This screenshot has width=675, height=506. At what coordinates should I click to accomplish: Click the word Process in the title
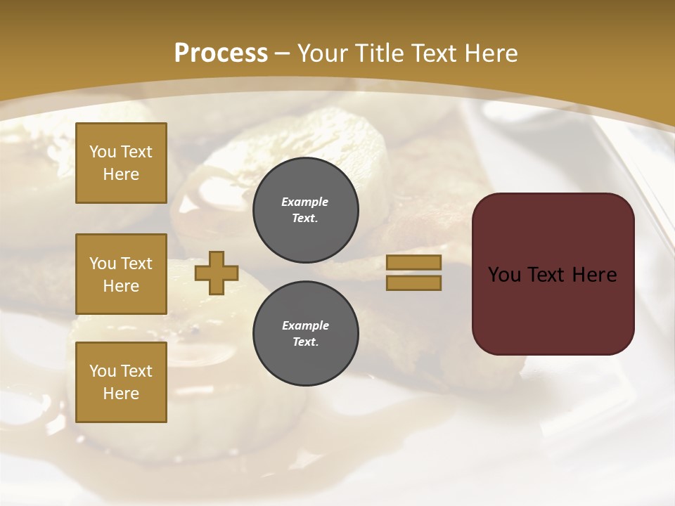(x=221, y=53)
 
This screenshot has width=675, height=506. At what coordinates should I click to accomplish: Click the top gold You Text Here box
(x=121, y=163)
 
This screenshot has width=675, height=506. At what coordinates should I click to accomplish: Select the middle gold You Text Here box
(x=121, y=274)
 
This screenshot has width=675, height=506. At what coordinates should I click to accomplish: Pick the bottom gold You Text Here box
(x=121, y=382)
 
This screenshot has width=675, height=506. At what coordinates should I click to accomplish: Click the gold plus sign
(x=217, y=273)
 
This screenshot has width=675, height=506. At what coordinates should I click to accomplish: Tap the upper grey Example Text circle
(x=306, y=209)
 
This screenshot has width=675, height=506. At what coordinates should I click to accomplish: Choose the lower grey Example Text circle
(x=306, y=333)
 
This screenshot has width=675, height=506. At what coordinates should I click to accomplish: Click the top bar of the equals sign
(x=413, y=262)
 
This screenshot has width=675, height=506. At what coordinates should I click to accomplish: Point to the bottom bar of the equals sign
(x=413, y=283)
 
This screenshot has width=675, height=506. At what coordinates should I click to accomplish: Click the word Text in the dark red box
(x=552, y=275)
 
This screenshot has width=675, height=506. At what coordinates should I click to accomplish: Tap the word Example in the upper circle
(x=305, y=202)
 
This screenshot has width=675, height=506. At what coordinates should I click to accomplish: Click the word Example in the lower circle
(x=305, y=325)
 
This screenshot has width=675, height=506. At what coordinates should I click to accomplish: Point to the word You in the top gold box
(x=103, y=152)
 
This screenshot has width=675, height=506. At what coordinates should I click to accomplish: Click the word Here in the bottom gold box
(x=121, y=394)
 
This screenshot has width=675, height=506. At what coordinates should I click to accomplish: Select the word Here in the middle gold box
(x=121, y=286)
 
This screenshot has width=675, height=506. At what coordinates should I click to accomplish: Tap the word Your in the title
(x=321, y=53)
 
